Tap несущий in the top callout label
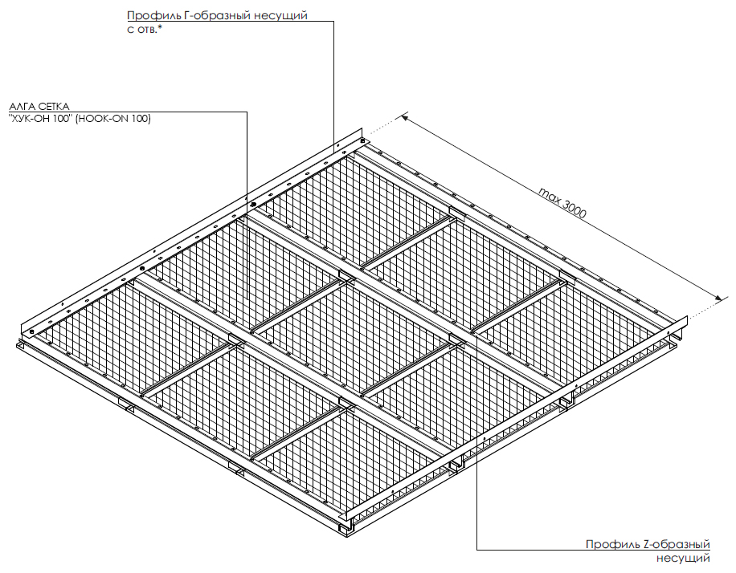280,16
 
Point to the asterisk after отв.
160,26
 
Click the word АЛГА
22,107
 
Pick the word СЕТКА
54,107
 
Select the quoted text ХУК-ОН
32,119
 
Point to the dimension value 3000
574,209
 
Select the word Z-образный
677,544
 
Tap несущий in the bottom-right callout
683,559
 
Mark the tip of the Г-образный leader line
333,148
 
